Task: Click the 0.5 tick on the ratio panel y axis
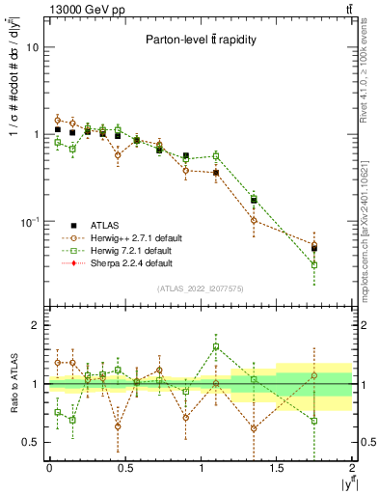[x=31, y=442]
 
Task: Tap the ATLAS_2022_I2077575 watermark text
[x=201, y=288]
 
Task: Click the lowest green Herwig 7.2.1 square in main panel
[x=314, y=264]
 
